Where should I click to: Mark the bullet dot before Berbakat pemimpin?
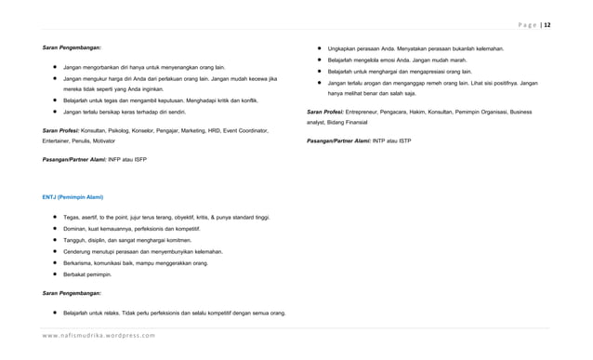(55, 275)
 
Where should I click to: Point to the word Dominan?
(78, 227)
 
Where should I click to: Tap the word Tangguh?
(77, 239)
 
